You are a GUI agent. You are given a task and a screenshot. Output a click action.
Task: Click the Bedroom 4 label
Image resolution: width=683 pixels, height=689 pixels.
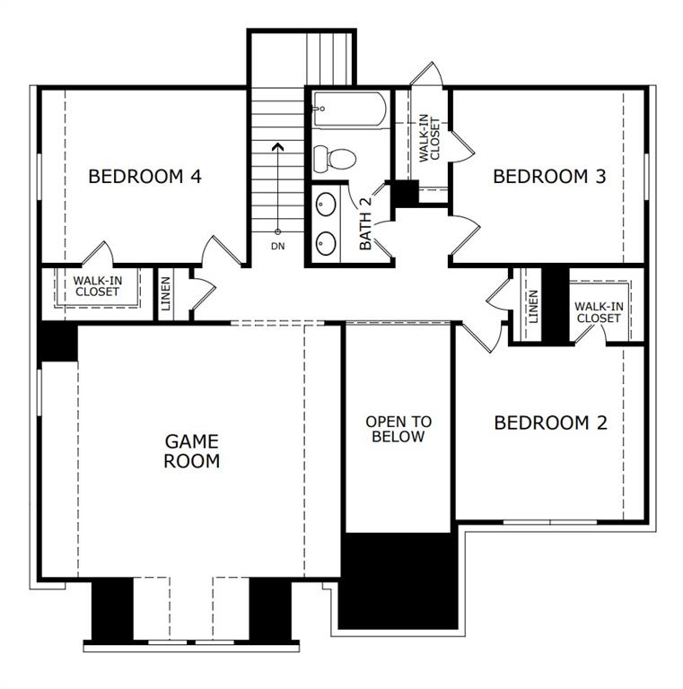tap(144, 177)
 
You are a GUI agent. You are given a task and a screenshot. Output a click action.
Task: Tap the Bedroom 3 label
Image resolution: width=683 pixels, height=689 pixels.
tap(549, 177)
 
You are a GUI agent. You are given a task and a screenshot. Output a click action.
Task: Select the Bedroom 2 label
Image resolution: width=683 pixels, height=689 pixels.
tap(550, 423)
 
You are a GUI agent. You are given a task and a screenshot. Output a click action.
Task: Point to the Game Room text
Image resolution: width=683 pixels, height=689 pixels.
tap(192, 451)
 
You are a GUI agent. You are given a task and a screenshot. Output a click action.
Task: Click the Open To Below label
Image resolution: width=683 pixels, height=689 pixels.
tap(398, 429)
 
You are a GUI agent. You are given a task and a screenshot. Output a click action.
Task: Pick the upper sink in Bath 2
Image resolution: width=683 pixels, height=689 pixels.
tap(327, 204)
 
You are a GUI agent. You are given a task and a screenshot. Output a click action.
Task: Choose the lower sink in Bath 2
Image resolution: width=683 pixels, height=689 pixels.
tap(327, 242)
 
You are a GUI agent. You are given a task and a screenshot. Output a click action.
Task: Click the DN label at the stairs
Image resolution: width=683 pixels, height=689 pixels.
tap(277, 247)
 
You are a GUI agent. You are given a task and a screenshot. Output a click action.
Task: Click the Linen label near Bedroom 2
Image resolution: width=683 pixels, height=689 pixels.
tap(533, 307)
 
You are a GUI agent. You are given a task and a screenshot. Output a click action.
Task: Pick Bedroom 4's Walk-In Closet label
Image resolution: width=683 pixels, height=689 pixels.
tap(97, 286)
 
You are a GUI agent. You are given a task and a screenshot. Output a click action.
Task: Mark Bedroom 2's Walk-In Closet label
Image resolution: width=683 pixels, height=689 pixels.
tap(599, 312)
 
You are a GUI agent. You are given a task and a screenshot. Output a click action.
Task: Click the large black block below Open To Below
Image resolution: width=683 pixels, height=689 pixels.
tap(399, 579)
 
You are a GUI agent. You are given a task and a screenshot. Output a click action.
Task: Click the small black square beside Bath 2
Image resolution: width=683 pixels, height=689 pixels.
tap(407, 192)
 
